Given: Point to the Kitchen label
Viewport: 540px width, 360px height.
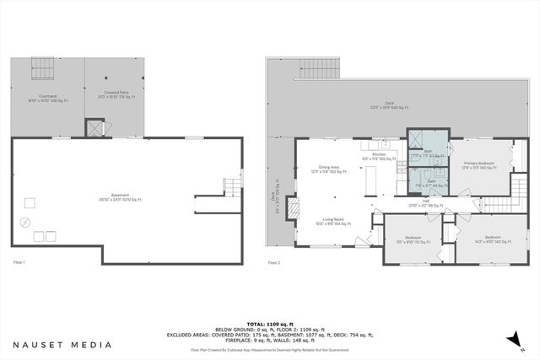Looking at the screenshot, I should [380, 156].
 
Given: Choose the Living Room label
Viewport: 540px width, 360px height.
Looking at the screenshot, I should [330, 224].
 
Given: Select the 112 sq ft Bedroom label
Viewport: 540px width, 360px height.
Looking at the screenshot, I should [413, 239].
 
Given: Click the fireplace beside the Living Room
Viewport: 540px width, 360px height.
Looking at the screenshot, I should [293, 208].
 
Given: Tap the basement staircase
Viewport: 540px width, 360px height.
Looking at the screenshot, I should [230, 185].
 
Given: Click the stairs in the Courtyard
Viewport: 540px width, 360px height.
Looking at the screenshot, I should [42, 65].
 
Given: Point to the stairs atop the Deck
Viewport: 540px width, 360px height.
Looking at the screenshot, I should [319, 67].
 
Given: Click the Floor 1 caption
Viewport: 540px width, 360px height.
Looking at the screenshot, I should [18, 263].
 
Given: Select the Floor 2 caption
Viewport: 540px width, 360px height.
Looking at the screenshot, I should [274, 263].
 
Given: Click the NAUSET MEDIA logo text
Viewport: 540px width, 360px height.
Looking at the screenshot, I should [62, 345].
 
